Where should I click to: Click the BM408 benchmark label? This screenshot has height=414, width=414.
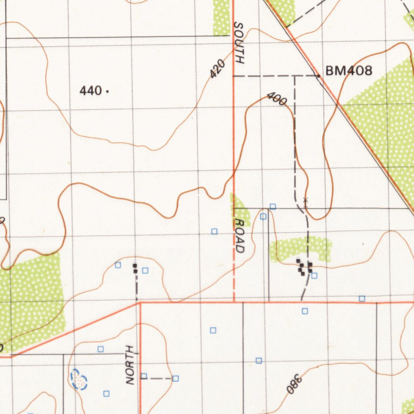[x=349, y=71]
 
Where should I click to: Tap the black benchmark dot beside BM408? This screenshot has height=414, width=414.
[x=319, y=76]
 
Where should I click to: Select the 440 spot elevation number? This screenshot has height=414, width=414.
[x=91, y=91]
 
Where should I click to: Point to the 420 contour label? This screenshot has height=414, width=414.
[x=217, y=69]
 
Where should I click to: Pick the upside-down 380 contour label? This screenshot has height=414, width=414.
[x=294, y=384]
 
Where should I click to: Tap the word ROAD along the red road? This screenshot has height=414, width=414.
[x=240, y=236]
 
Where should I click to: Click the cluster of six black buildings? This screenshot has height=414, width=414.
[x=304, y=267]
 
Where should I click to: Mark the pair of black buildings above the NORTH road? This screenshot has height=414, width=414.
[x=135, y=268]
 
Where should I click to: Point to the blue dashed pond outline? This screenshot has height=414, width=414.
[x=79, y=380]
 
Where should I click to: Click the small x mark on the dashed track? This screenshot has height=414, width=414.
[x=306, y=200]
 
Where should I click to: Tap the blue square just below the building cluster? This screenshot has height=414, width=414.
[x=314, y=276]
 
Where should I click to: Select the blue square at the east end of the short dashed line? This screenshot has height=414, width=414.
[x=175, y=378]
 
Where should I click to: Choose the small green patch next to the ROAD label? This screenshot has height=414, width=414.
[x=240, y=208]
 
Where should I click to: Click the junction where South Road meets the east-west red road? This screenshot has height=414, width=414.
[x=234, y=302]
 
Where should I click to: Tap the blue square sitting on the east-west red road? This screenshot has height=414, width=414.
[x=362, y=299]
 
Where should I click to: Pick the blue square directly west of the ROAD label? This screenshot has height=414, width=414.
[x=214, y=231]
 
